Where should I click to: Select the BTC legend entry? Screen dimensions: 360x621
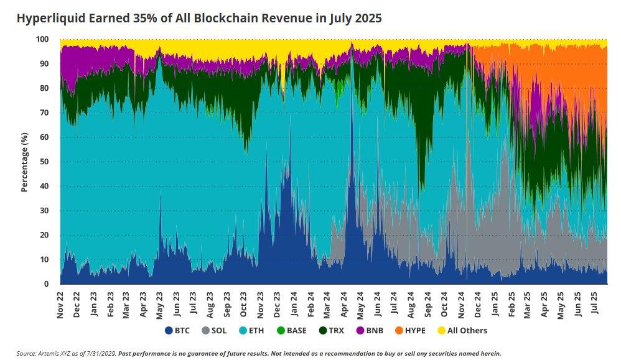tap(177, 330)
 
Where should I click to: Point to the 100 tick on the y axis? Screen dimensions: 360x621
tap(42, 39)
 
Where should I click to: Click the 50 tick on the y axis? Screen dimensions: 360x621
tap(45, 162)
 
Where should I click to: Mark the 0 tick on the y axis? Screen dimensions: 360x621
tap(47, 284)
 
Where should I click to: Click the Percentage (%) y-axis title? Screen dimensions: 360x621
tap(25, 162)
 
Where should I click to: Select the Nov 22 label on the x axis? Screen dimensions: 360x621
tap(60, 304)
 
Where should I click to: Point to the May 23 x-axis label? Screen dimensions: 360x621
tap(161, 304)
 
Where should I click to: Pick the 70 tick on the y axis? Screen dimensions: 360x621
tap(45, 113)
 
